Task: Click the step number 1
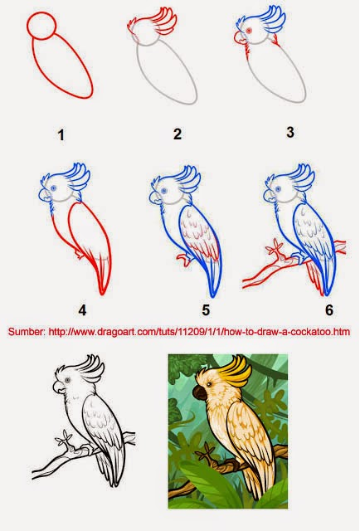click(x=61, y=134)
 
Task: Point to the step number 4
click(x=82, y=310)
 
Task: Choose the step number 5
click(x=206, y=311)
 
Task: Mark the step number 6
click(x=328, y=310)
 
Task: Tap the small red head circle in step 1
click(x=43, y=28)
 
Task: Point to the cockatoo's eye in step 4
click(x=55, y=188)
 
